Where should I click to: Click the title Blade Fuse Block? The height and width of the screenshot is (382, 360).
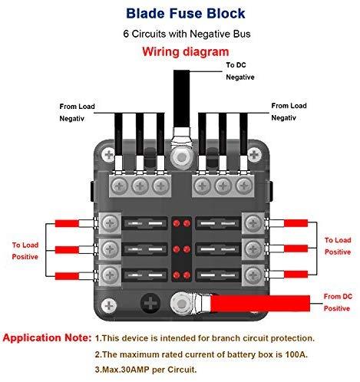click(x=186, y=13)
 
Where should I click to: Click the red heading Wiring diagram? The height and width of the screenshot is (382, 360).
click(x=186, y=51)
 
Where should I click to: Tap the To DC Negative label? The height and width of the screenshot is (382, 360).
click(x=240, y=71)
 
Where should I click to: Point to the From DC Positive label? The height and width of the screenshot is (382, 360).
click(x=338, y=302)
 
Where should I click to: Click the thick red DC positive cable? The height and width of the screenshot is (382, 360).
click(x=259, y=304)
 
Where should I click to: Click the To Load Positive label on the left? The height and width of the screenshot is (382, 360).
click(x=25, y=251)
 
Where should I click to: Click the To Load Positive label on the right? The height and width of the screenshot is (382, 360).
click(x=338, y=246)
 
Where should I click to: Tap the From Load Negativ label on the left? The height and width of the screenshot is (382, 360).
click(x=77, y=112)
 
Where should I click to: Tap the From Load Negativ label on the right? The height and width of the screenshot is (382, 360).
click(x=289, y=111)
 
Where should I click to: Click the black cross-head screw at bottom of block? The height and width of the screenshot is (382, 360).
click(x=150, y=304)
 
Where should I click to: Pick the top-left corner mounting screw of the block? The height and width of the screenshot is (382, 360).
click(x=109, y=155)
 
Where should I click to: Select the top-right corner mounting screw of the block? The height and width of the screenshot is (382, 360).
click(x=254, y=154)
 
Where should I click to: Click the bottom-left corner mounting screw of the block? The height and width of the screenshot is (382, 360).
click(x=109, y=306)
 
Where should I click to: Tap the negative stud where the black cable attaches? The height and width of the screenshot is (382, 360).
click(x=181, y=156)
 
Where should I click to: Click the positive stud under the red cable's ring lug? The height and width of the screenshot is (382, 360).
click(x=181, y=304)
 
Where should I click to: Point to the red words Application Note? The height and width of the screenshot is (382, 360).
click(x=47, y=338)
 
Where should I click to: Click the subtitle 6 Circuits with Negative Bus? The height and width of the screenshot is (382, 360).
click(x=187, y=34)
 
